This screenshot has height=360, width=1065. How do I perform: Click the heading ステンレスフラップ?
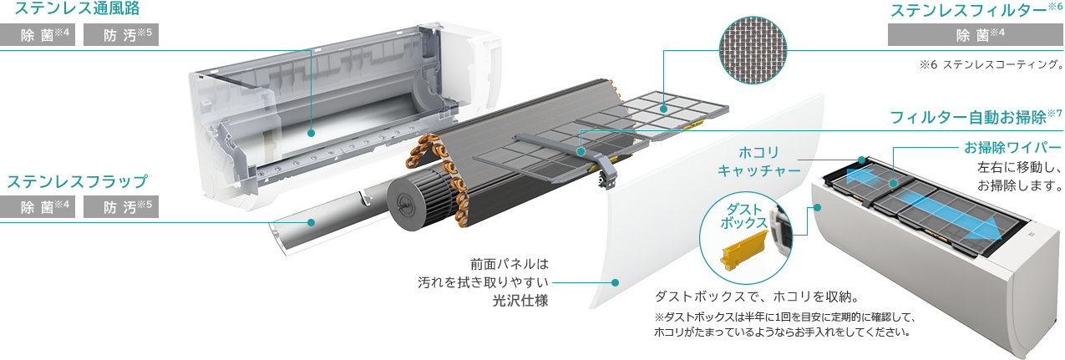click(x=77, y=181)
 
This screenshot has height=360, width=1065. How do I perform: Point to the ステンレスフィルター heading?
click(x=969, y=11)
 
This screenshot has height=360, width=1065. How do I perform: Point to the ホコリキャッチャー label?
click(x=759, y=162)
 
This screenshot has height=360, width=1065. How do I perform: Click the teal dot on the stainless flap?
click(x=311, y=223)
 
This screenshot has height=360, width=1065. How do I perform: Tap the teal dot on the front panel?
click(x=616, y=282)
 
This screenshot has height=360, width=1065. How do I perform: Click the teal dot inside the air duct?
click(x=311, y=131)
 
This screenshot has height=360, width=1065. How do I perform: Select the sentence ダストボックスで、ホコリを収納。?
click(x=757, y=297)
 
